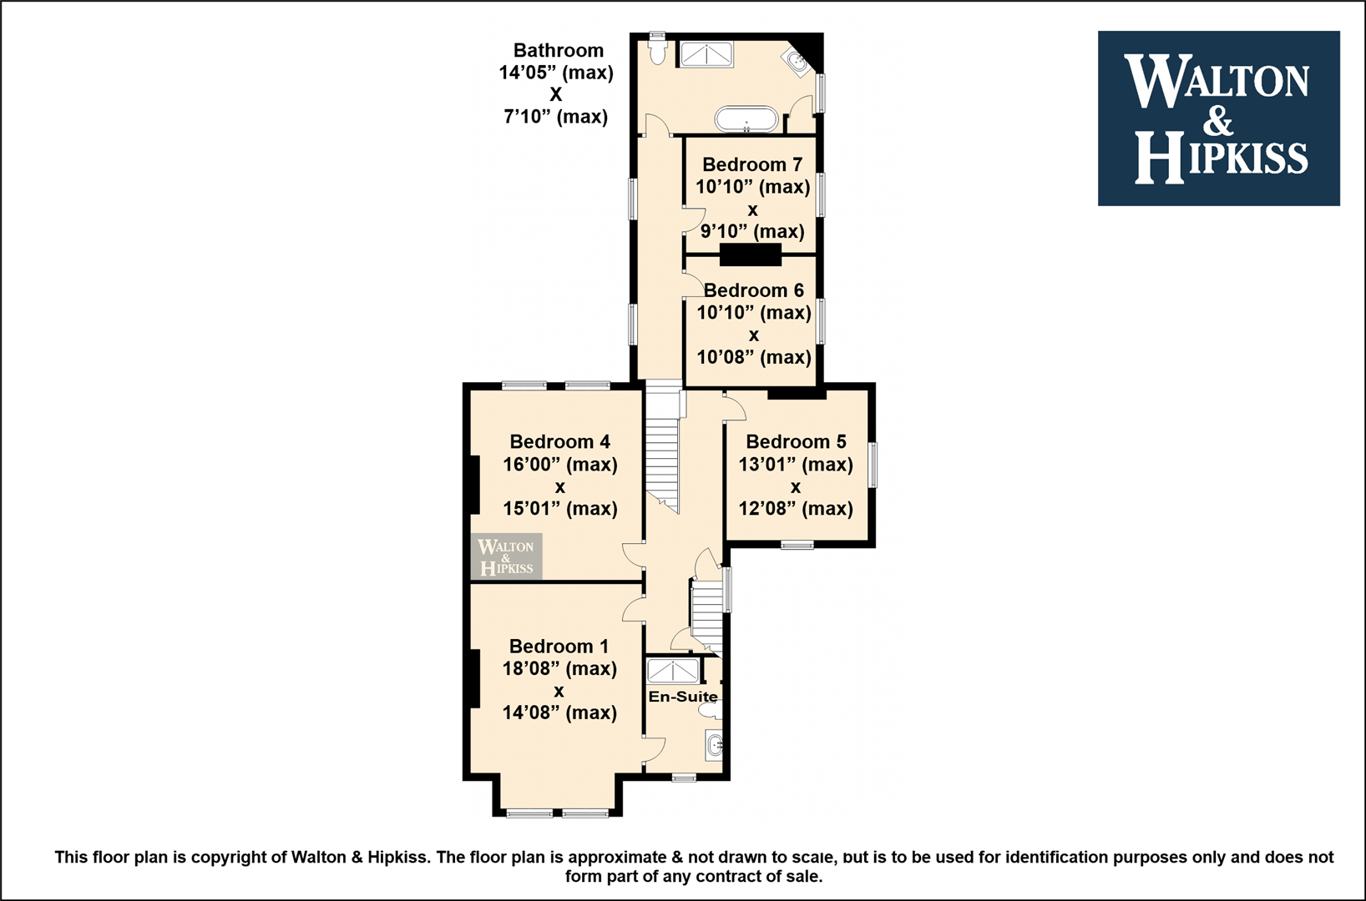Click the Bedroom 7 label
pos(752,164)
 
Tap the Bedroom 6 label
pos(754,290)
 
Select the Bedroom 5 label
pos(796,441)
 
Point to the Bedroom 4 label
pos(559,441)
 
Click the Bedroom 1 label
pos(559,646)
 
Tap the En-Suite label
pos(683,697)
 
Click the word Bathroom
pos(558,50)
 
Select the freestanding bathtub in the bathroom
pos(746,119)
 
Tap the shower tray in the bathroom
pos(706,55)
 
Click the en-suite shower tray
pos(673,672)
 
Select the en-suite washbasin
pos(715,744)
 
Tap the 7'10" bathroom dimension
pos(529,116)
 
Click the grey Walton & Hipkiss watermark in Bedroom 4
pos(505,556)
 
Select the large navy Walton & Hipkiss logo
pos(1218,118)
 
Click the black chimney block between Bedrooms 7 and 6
pos(750,254)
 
